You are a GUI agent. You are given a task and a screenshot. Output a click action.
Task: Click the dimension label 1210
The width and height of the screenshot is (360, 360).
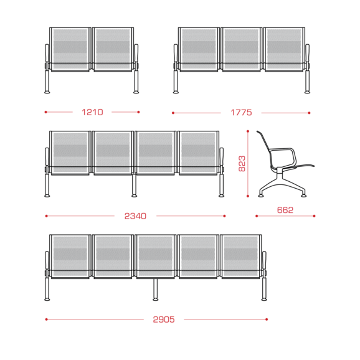pyautogui.click(x=92, y=112)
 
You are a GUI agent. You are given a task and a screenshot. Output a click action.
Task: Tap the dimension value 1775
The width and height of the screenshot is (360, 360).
pyautogui.click(x=241, y=113)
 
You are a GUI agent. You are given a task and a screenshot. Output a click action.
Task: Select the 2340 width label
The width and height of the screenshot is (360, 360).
pyautogui.click(x=135, y=216)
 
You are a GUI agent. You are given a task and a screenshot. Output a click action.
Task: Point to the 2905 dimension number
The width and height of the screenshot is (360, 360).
pyautogui.click(x=164, y=320)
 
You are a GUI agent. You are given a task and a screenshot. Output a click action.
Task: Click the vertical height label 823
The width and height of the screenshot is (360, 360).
pyautogui.click(x=242, y=163)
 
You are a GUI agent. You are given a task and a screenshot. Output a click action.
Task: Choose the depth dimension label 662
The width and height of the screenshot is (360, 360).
pyautogui.click(x=285, y=210)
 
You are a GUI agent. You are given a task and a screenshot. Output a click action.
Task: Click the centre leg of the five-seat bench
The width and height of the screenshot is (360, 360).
pyautogui.click(x=156, y=290)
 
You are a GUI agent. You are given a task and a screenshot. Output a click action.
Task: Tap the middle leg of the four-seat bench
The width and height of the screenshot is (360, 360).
pyautogui.click(x=134, y=186)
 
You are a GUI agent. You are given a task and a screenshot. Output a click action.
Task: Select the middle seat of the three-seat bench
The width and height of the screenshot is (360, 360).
pyautogui.click(x=242, y=49)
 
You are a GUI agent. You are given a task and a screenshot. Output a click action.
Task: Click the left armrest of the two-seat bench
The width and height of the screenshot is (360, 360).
pyautogui.click(x=47, y=54)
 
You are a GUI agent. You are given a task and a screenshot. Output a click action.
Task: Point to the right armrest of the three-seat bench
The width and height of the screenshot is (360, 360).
pyautogui.click(x=307, y=54)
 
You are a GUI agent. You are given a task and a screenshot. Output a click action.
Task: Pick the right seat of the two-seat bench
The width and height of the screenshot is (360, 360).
pyautogui.click(x=113, y=49)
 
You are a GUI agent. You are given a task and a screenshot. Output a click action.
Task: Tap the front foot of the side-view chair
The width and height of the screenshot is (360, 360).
pyautogui.click(x=303, y=196)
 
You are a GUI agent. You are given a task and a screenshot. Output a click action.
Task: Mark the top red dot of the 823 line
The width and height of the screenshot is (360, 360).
pyautogui.click(x=248, y=131)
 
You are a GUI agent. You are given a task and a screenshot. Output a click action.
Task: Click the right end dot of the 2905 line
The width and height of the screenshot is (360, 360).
pyautogui.click(x=267, y=320)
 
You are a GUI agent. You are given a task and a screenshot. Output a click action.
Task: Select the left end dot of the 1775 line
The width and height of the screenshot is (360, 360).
pyautogui.click(x=173, y=113)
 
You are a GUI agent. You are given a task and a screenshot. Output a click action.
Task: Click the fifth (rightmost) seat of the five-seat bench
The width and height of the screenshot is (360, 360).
pyautogui.click(x=240, y=257)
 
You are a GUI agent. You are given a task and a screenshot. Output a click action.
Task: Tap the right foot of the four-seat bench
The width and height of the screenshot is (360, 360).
pyautogui.click(x=221, y=196)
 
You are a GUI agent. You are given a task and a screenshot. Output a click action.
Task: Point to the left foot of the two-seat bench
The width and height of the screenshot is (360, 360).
pyautogui.click(x=47, y=92)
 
